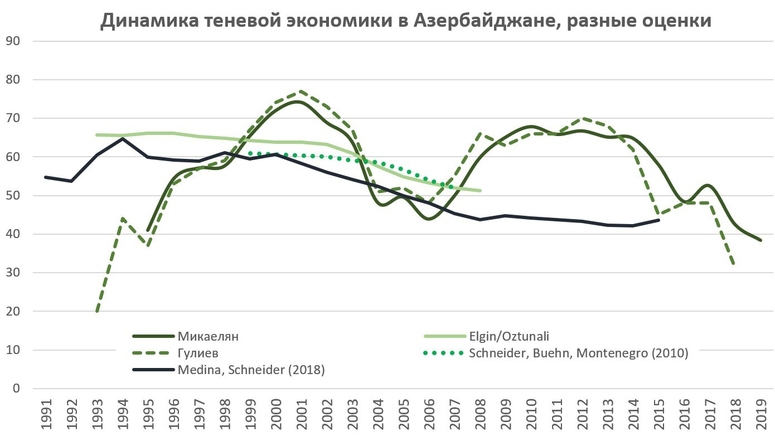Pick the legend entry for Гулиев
(198, 353)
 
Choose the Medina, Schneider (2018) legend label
(251, 369)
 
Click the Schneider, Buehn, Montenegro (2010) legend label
(579, 353)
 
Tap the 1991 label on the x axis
(45, 413)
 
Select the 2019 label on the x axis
(761, 413)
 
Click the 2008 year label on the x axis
(480, 413)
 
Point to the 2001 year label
(301, 413)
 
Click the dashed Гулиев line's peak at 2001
(301, 91)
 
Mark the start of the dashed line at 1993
(98, 311)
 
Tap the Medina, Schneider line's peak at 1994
(123, 138)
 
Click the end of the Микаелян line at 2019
(761, 240)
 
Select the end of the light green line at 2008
(480, 191)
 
